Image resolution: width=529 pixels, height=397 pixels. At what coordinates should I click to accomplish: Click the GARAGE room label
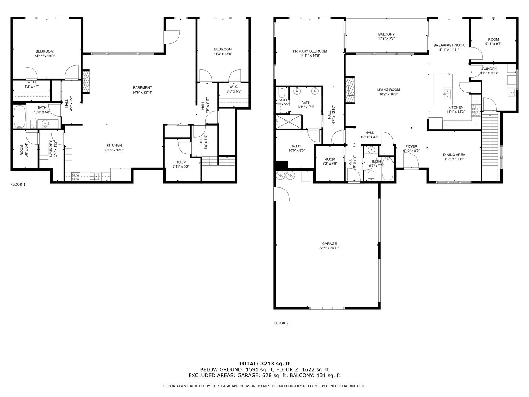329,244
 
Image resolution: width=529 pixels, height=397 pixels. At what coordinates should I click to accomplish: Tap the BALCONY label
386,34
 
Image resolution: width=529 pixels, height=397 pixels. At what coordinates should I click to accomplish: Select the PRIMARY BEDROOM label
310,51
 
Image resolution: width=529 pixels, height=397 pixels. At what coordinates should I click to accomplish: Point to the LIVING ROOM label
389,90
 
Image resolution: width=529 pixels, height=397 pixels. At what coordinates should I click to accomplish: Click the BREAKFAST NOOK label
449,45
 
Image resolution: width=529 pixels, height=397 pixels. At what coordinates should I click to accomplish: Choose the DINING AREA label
454,155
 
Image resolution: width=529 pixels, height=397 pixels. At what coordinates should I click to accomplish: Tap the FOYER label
411,146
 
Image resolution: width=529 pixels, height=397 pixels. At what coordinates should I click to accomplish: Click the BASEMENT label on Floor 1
143,88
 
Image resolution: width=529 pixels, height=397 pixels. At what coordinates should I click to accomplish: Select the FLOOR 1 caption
18,185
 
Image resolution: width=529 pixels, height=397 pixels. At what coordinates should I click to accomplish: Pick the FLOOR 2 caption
281,323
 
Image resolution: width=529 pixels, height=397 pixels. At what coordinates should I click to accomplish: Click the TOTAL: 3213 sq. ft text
264,364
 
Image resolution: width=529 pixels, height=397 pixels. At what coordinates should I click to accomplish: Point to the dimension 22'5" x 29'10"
329,248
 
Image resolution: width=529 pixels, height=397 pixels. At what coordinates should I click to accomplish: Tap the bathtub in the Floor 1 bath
19,117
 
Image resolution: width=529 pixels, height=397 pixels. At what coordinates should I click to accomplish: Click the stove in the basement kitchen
76,177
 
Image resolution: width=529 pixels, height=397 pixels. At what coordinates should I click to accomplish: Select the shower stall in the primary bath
288,122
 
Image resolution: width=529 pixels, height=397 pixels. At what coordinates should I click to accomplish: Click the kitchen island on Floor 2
443,89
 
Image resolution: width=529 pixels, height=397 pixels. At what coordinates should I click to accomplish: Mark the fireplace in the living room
350,90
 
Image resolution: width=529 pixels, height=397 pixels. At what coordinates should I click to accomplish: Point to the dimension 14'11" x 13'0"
44,56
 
